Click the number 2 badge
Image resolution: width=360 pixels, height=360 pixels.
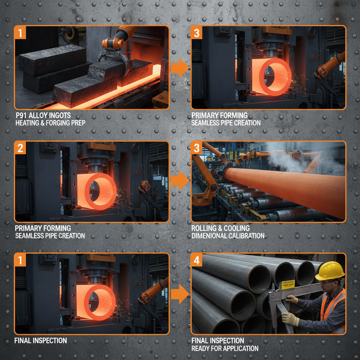(x=20, y=148)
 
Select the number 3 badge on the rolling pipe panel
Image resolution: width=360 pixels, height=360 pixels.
(x=197, y=148)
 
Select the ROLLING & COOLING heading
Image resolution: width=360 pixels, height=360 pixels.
(x=220, y=228)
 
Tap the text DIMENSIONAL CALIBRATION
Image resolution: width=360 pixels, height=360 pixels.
(x=228, y=236)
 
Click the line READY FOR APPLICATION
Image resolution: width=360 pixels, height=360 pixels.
(x=225, y=348)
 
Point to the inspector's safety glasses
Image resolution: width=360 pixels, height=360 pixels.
(x=326, y=282)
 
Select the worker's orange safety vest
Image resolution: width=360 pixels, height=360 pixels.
(x=332, y=309)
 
